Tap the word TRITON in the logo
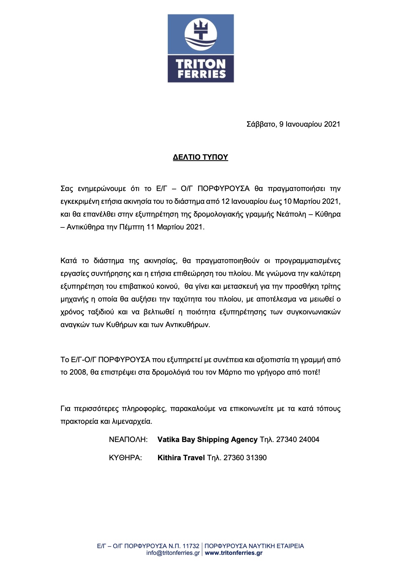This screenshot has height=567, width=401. (201, 64)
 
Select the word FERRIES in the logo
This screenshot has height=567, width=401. (202, 74)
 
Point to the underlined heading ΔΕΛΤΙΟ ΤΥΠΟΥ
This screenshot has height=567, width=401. (201, 157)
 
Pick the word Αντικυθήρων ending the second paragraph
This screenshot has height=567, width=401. (187, 325)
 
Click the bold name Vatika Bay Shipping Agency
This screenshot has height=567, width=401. (207, 440)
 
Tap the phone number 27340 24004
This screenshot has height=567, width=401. (298, 440)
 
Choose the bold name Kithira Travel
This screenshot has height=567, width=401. (181, 458)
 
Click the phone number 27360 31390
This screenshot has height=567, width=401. (245, 458)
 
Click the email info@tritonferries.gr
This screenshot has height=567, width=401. (173, 553)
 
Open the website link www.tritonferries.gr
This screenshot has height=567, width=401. (234, 553)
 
